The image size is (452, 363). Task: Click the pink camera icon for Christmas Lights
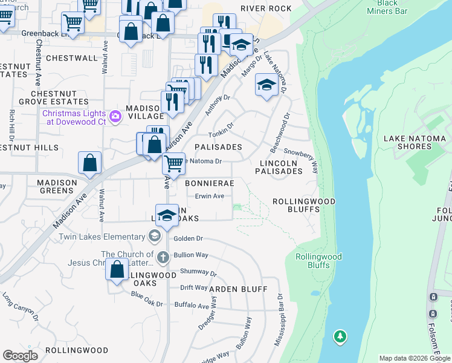[114, 115]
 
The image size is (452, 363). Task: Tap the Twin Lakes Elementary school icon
[154, 236]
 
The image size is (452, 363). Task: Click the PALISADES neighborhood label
[218, 147]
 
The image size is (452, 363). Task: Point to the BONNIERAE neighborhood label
[209, 182]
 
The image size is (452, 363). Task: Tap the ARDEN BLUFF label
[238, 289]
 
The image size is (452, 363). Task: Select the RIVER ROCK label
[266, 8]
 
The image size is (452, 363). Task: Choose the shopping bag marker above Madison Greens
[89, 163]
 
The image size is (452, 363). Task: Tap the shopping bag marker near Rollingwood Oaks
[117, 269]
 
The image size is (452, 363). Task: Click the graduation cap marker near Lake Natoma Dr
[266, 85]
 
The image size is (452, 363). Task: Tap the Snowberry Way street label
[301, 155]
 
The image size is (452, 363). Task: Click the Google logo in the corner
[20, 355]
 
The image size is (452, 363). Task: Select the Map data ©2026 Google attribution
[415, 358]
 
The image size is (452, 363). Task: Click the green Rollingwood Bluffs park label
[318, 261]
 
